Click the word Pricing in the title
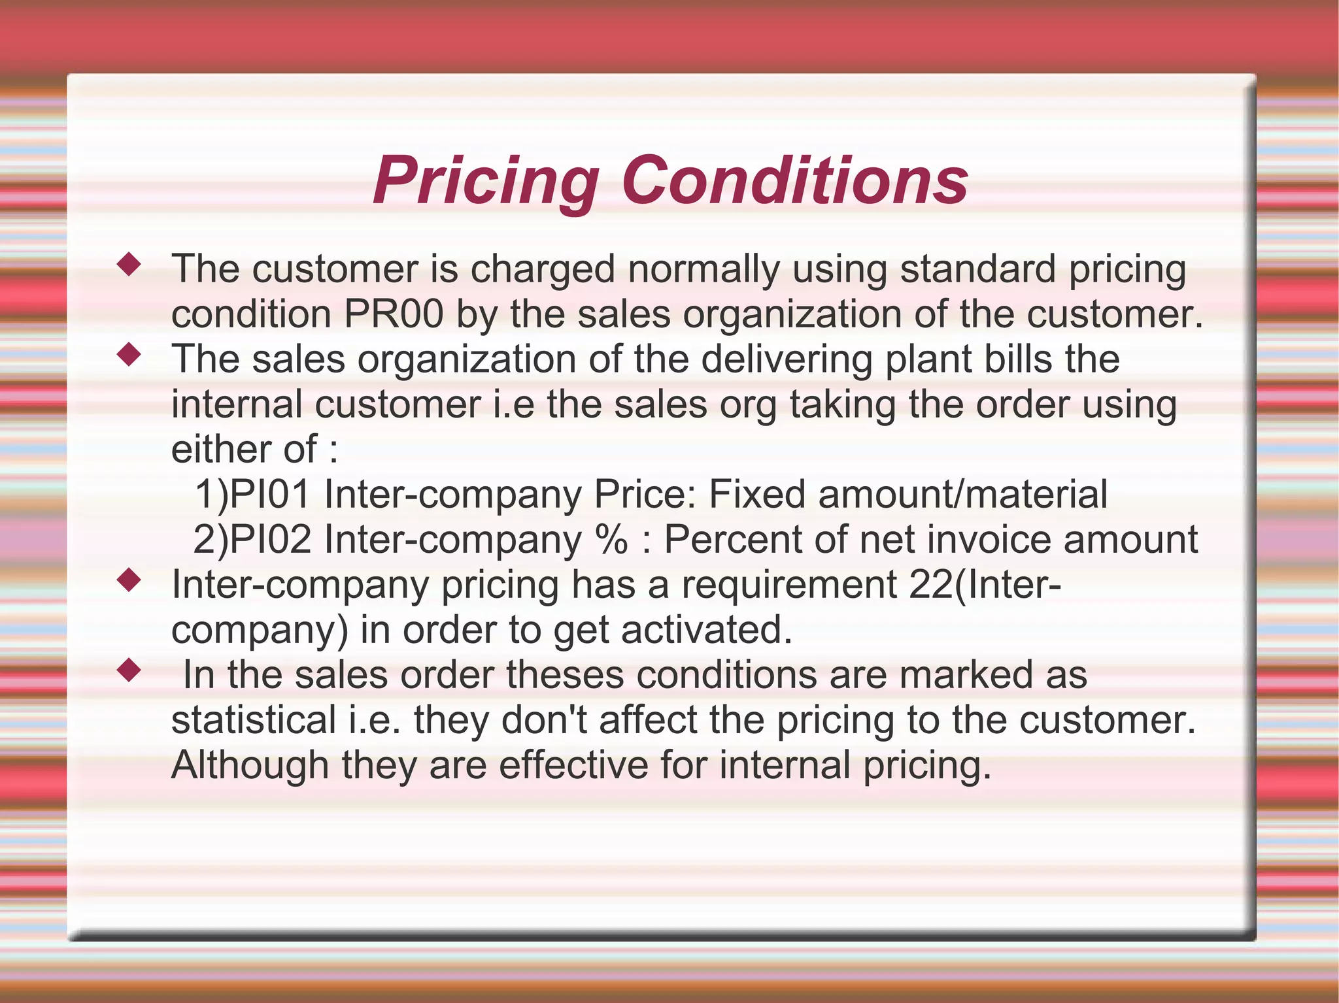(x=486, y=181)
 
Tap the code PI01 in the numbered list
(x=270, y=494)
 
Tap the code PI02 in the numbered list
(x=270, y=539)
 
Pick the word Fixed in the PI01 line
(x=756, y=494)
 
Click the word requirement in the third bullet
(x=788, y=584)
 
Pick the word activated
(x=706, y=629)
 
